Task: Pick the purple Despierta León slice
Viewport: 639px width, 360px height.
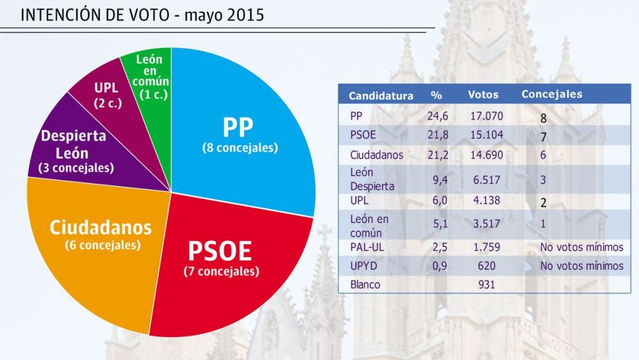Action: [x=82, y=151]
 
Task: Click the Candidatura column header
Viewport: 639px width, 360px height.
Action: [x=381, y=95]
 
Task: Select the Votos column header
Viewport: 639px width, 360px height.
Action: [x=483, y=95]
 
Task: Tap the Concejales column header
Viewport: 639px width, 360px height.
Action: [x=552, y=94]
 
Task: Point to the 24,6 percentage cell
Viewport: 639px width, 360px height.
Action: [x=438, y=116]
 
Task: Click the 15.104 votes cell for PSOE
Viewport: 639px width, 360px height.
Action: [x=486, y=135]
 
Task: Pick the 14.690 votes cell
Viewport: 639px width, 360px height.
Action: [x=486, y=155]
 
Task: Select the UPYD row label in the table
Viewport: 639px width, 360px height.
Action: [x=364, y=266]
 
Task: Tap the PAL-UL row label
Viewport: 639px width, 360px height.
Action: [x=367, y=247]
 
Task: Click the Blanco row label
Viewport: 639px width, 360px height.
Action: [x=365, y=285]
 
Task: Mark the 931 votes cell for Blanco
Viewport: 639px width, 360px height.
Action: [x=486, y=285]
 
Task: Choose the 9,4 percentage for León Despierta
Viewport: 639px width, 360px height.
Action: [x=440, y=180]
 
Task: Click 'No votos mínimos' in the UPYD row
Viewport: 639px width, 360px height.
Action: [x=581, y=266]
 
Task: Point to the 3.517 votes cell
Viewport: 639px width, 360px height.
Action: [x=486, y=224]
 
